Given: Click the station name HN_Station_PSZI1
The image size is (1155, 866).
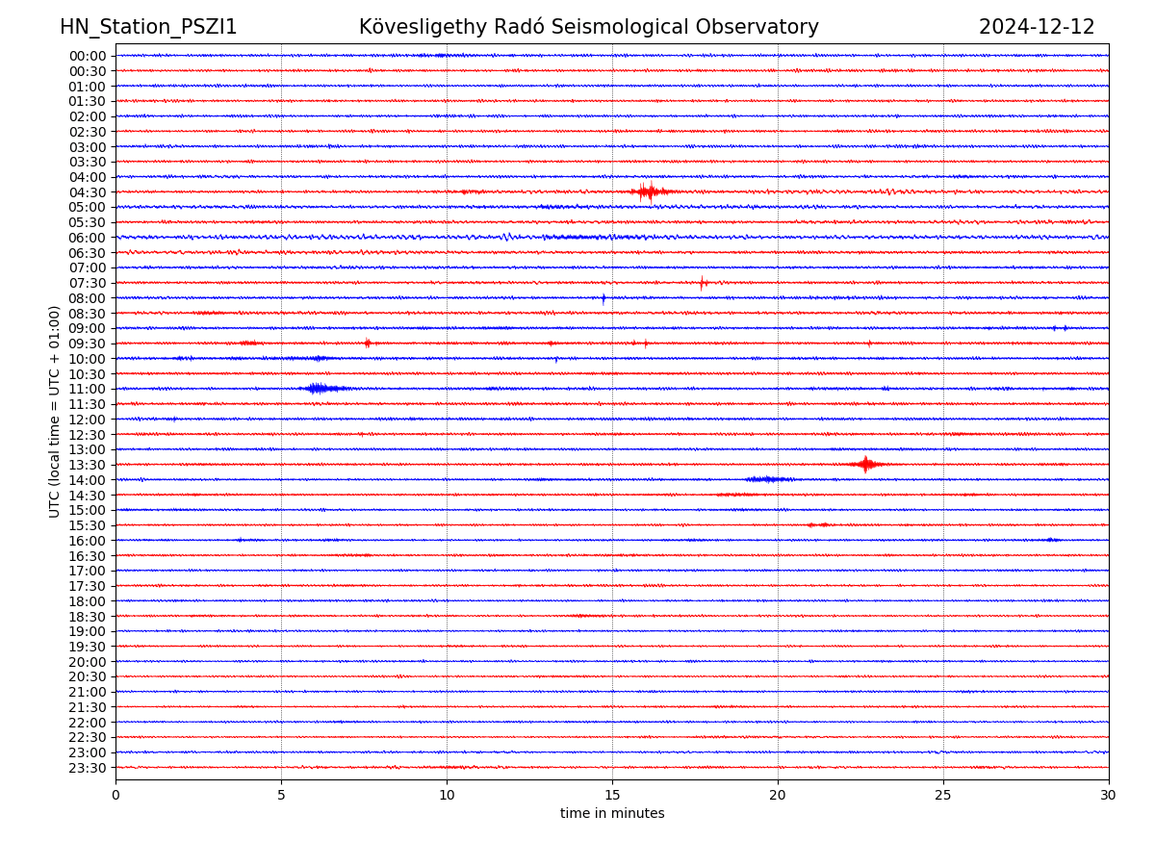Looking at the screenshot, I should click(x=148, y=28).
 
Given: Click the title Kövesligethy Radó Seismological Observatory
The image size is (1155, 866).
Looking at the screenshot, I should click(x=588, y=28).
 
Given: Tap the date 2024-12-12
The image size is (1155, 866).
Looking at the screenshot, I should click(x=1037, y=28).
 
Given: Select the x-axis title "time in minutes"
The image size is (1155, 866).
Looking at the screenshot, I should click(x=612, y=814).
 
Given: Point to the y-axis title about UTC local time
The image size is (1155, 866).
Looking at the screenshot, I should click(x=55, y=412).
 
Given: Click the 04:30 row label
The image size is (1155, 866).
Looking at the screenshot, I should click(x=88, y=192).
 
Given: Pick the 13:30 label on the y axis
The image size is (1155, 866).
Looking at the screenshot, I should click(x=88, y=465).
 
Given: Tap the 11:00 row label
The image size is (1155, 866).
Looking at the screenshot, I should click(x=88, y=389).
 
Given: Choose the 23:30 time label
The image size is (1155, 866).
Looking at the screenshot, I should click(x=88, y=768).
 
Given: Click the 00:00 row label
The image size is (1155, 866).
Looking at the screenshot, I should click(x=88, y=56).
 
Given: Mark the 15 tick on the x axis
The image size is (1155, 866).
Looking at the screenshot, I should click(x=612, y=796).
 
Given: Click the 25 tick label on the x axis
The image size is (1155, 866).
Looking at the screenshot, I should click(x=943, y=796).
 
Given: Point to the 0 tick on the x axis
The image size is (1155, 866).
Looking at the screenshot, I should click(x=115, y=796).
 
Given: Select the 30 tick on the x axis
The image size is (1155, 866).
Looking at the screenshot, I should click(x=1109, y=796).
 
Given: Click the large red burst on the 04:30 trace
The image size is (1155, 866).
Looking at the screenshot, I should click(x=648, y=191).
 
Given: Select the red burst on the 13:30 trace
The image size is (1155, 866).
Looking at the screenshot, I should click(x=866, y=465).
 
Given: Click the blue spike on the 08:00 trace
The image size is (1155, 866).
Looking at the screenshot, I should click(x=603, y=298).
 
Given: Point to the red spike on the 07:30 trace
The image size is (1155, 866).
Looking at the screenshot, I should click(x=703, y=283).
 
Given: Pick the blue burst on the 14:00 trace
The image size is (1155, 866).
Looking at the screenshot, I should click(x=768, y=479).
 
